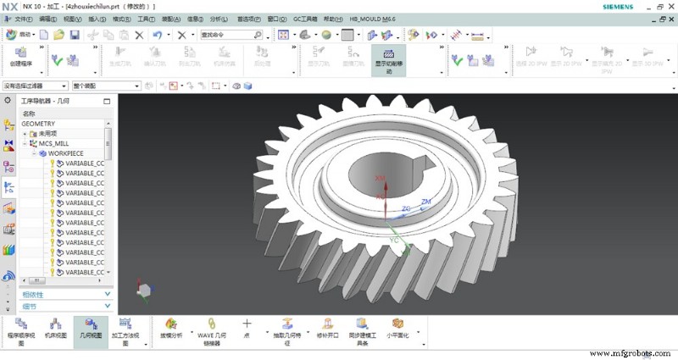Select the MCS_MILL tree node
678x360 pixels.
[x=56, y=143]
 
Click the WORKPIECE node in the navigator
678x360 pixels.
[x=71, y=153]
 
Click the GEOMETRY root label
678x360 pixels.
[x=38, y=123]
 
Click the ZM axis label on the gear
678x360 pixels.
[x=426, y=201]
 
